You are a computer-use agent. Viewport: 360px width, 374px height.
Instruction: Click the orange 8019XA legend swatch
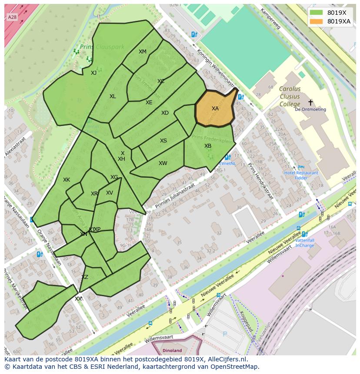coord(317,21)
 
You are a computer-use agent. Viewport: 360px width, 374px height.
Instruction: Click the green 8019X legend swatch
coord(317,13)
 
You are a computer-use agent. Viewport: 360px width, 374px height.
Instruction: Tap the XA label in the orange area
coord(215,109)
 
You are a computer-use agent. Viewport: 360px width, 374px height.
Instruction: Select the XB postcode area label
coord(208,146)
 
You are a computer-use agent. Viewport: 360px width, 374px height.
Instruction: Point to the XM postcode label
coord(143,52)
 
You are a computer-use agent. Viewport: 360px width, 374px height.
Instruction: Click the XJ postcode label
coord(94,73)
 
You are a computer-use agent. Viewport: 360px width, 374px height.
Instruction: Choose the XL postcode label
coord(113,96)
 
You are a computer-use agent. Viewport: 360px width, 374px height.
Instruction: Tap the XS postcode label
coord(163,141)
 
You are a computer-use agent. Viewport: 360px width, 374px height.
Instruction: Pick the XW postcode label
coord(163,163)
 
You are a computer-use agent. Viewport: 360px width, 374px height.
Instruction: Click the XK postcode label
coord(67,180)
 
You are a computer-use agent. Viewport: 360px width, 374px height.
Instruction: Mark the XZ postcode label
coord(85,277)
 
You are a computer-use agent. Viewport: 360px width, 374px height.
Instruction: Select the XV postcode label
coord(110,193)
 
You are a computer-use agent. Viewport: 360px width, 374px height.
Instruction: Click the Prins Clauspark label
coord(102,47)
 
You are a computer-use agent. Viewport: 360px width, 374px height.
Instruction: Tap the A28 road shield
coord(12,17)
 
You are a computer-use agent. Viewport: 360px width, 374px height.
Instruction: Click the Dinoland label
coord(172,350)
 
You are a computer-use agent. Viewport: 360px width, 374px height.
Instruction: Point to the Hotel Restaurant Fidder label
coord(301,175)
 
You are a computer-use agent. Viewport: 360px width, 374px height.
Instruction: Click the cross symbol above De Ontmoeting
coord(310,103)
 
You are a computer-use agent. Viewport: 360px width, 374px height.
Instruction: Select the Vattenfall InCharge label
coord(305,242)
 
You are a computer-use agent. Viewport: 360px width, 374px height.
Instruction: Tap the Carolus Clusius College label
coord(290,96)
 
